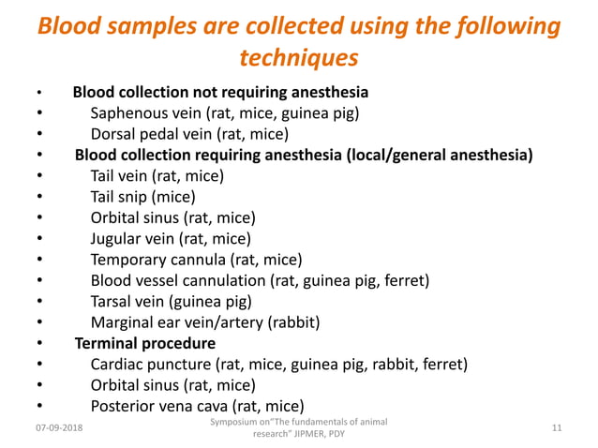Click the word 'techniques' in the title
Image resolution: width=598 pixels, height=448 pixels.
coord(299,57)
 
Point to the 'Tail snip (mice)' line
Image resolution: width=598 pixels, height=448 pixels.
coord(142,197)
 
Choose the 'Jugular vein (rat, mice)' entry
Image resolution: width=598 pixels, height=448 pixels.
coord(171,238)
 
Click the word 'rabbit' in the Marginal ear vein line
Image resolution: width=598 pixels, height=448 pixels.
coord(292,322)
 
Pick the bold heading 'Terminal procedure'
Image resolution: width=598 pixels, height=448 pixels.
coord(144,343)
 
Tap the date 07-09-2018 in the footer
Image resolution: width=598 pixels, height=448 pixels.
coord(57,428)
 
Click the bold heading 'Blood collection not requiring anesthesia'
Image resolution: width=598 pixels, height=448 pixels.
coord(220,92)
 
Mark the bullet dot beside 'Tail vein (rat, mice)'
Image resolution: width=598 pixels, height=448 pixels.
coord(39,176)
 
